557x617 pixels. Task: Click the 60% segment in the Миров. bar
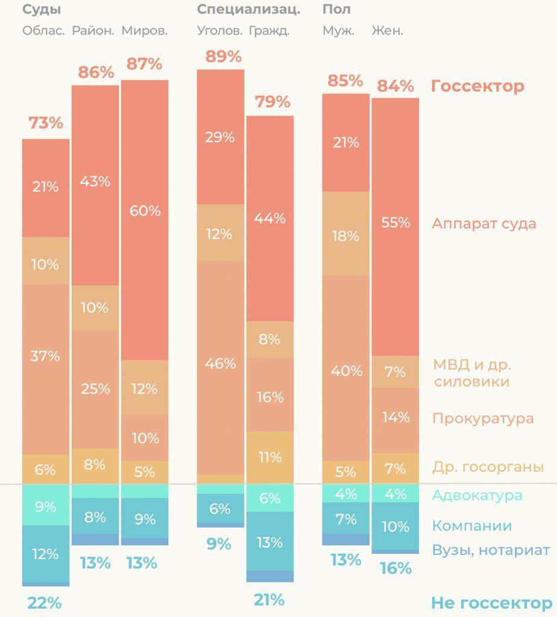click(145, 220)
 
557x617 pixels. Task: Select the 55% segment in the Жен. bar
click(395, 227)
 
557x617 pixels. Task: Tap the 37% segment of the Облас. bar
click(46, 369)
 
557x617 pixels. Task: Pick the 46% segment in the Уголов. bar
click(221, 368)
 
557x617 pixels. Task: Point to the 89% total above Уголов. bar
click(223, 57)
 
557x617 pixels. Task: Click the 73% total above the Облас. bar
click(46, 123)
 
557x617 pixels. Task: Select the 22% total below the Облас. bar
click(45, 603)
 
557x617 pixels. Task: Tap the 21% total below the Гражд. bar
click(269, 600)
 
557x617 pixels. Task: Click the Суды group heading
click(42, 10)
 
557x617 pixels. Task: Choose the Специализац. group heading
click(249, 10)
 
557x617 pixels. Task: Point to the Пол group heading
click(336, 9)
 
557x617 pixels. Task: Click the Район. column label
click(93, 31)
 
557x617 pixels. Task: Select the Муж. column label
click(339, 31)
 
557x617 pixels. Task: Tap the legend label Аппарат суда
click(484, 224)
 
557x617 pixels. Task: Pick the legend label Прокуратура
click(483, 418)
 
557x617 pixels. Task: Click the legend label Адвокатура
click(477, 495)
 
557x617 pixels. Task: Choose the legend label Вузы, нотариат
click(491, 550)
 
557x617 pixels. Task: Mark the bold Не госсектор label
click(492, 603)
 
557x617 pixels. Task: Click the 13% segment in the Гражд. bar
click(270, 542)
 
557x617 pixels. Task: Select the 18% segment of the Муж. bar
click(345, 234)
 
